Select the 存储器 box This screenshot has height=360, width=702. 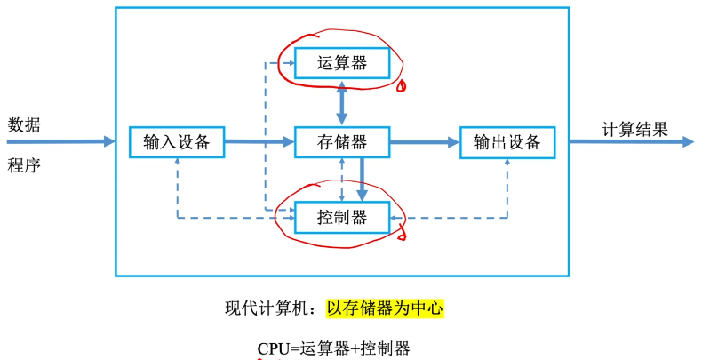click(x=342, y=140)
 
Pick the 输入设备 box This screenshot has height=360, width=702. click(x=176, y=140)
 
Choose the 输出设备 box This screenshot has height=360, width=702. click(x=507, y=141)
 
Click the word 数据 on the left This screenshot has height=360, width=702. click(x=24, y=124)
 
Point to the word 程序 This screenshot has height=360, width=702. click(x=24, y=165)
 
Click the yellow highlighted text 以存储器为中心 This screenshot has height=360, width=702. click(x=384, y=308)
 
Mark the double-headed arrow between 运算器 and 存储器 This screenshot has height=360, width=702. click(x=342, y=101)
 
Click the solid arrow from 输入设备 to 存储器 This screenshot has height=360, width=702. click(x=258, y=140)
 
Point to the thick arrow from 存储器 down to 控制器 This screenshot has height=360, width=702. click(x=362, y=178)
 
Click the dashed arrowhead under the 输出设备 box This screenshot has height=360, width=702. click(x=507, y=162)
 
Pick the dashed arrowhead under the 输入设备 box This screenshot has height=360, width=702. click(x=178, y=162)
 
